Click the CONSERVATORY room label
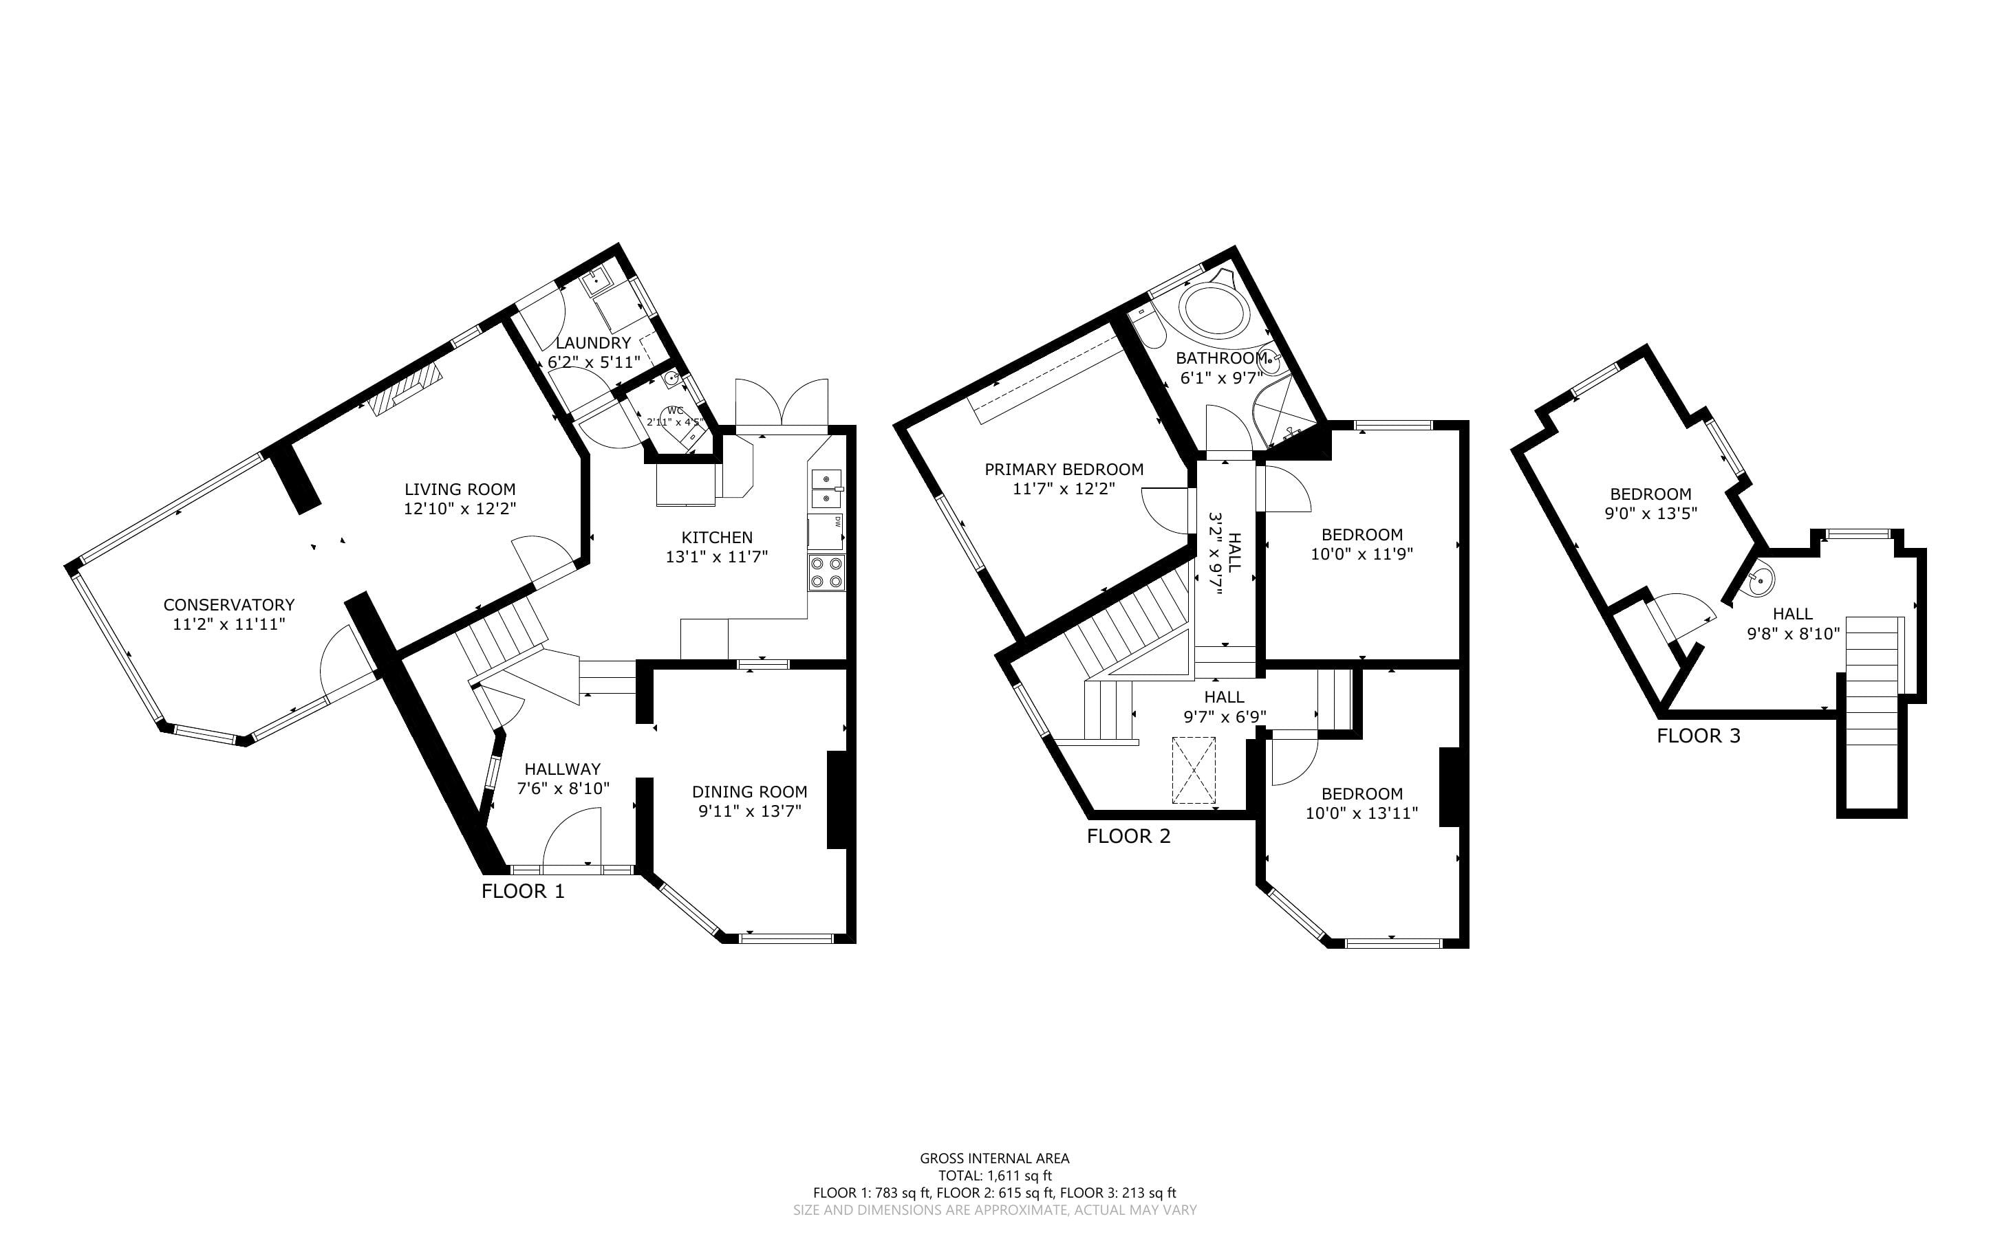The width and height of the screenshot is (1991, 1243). pos(228,605)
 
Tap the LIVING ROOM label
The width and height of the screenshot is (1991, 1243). pos(460,489)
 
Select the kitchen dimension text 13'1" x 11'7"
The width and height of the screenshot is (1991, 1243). pos(717,557)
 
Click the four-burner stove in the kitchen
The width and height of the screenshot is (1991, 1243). pos(826,572)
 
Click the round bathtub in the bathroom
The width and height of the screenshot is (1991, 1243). pos(1215,309)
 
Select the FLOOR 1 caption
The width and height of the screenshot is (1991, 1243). pos(523,891)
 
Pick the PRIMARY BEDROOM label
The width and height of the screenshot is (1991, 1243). pos(1064,470)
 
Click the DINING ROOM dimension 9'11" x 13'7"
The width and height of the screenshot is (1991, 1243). pos(749,811)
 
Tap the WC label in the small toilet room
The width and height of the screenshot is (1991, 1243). pos(675,410)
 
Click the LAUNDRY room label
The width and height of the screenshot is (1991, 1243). pos(593,343)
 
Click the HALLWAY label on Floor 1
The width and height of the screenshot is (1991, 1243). pos(563,769)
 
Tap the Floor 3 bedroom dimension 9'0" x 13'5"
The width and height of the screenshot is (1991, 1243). pos(1650,514)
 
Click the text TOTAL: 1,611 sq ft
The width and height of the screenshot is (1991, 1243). pos(995,1176)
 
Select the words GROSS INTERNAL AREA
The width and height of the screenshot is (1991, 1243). pos(995,1158)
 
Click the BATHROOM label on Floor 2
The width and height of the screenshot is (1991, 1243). pos(1220,358)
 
